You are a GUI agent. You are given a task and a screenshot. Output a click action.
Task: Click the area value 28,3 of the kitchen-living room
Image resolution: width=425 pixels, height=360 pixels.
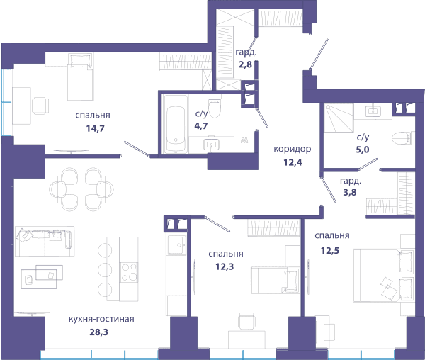pyautogui.click(x=99, y=332)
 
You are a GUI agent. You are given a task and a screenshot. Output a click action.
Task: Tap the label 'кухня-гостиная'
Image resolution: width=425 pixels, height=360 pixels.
pyautogui.click(x=101, y=319)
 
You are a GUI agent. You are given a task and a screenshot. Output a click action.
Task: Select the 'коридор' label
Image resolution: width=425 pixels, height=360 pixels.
pyautogui.click(x=293, y=149)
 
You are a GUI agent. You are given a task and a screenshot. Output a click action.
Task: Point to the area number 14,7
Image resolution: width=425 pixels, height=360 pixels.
pyautogui.click(x=95, y=128)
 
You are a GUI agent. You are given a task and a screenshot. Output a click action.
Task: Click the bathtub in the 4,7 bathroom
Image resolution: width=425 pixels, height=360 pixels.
pyautogui.click(x=176, y=124)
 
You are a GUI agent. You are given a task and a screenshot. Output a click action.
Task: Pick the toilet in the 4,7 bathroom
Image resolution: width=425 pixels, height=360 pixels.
pyautogui.click(x=215, y=106)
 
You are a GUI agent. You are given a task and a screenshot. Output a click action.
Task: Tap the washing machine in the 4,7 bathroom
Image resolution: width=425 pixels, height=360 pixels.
pyautogui.click(x=244, y=142)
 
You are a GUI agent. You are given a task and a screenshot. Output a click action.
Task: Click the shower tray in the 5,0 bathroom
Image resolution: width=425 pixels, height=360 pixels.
pyautogui.click(x=339, y=118)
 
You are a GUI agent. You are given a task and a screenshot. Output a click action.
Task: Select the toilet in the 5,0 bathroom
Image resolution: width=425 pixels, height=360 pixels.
pyautogui.click(x=403, y=138)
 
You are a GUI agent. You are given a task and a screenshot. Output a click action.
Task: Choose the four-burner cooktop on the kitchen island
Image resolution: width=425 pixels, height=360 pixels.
pyautogui.click(x=129, y=272)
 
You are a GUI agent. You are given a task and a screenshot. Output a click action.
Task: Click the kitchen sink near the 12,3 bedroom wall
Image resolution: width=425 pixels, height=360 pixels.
pyautogui.click(x=176, y=245)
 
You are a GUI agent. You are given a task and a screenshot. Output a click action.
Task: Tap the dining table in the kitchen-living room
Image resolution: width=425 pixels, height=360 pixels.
pyautogui.click(x=81, y=189)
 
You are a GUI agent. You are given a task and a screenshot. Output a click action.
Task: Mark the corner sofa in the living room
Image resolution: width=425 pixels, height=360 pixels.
pyautogui.click(x=45, y=242)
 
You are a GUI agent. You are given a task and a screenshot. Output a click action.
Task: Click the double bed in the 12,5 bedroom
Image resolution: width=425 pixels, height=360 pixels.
pyautogui.click(x=383, y=276)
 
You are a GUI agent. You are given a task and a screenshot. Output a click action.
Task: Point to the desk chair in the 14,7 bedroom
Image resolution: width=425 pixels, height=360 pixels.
pyautogui.click(x=40, y=106)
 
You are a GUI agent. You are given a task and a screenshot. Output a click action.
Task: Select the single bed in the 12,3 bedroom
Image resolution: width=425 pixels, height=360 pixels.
pyautogui.click(x=276, y=281)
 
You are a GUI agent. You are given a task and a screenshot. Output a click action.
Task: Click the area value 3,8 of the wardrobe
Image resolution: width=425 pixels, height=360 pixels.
pyautogui.click(x=350, y=193)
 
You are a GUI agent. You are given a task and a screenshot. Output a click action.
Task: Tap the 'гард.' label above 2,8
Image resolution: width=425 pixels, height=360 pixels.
pyautogui.click(x=246, y=52)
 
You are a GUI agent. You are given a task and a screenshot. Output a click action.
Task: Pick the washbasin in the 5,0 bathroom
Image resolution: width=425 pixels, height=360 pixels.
pyautogui.click(x=373, y=111)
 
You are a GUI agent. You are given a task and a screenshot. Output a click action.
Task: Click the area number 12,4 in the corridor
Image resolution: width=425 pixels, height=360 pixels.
pyautogui.click(x=293, y=162)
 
